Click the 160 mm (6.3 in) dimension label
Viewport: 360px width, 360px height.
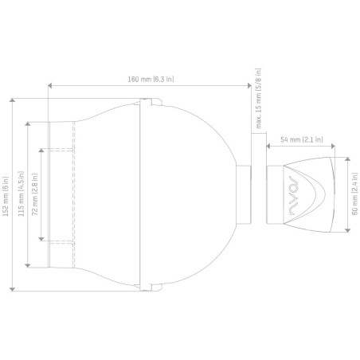tap(151, 79)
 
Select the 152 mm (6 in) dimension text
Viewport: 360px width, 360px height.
tap(6, 196)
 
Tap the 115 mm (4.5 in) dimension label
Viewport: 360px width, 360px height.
tap(22, 194)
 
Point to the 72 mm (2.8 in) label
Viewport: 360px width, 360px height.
tap(35, 194)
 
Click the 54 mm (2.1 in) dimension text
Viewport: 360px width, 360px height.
tap(302, 139)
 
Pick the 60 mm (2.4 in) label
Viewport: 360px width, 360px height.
tap(354, 194)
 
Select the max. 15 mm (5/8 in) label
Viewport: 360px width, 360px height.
tap(258, 99)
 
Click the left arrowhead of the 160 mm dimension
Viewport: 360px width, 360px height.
tap(49, 85)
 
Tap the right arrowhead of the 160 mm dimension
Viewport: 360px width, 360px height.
tap(249, 85)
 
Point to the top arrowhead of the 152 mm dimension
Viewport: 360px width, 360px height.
tap(12, 100)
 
